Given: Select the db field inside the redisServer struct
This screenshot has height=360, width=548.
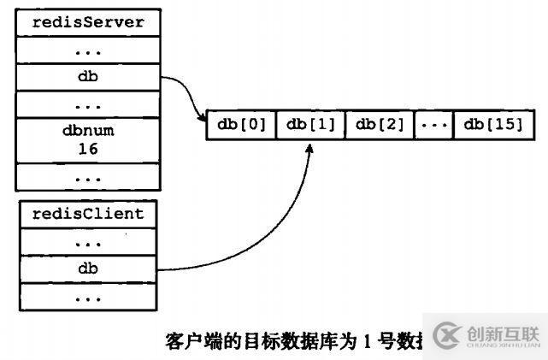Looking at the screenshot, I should pyautogui.click(x=87, y=76).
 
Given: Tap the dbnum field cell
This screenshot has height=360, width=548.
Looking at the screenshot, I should pyautogui.click(x=87, y=132).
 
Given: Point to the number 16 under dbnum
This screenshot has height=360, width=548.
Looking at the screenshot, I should pyautogui.click(x=87, y=148).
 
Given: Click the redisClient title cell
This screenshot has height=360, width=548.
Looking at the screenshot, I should pyautogui.click(x=87, y=213).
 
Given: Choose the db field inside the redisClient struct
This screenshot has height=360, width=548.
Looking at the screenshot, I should pyautogui.click(x=87, y=269).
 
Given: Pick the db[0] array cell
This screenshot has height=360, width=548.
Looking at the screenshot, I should pyautogui.click(x=242, y=125).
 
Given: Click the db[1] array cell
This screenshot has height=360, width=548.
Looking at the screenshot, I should pyautogui.click(x=311, y=125).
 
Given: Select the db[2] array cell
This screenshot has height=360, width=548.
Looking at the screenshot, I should pyautogui.click(x=380, y=125).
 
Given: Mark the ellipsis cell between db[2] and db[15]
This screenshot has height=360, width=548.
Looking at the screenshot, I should pyautogui.click(x=434, y=125).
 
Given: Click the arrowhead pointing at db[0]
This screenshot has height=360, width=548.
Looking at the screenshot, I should pyautogui.click(x=202, y=116).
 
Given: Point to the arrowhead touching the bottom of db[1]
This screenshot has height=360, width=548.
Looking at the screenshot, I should pyautogui.click(x=310, y=147).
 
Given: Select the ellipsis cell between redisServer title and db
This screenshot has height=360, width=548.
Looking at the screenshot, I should pyautogui.click(x=87, y=50).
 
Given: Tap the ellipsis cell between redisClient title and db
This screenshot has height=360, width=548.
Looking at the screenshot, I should pyautogui.click(x=87, y=240).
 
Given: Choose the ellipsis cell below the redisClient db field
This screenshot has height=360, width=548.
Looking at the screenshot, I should pyautogui.click(x=87, y=297).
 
